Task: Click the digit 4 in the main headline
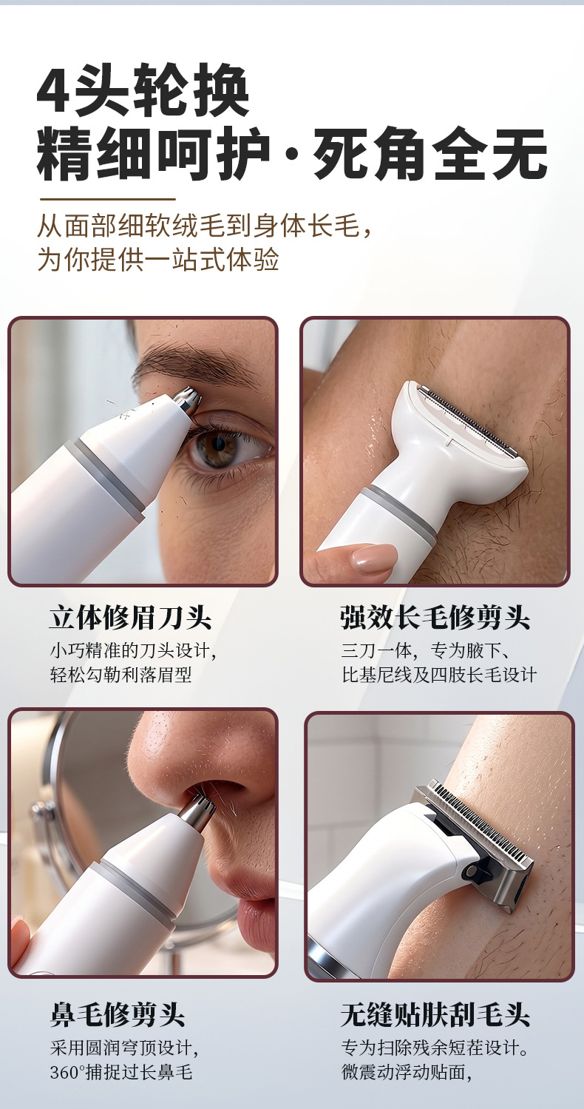[53, 90]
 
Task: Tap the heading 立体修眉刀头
[131, 618]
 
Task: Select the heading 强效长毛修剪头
[435, 618]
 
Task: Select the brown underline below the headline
[108, 199]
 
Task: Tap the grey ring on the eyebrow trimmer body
[103, 475]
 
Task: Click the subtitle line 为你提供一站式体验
[158, 259]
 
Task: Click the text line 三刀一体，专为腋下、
[425, 650]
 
